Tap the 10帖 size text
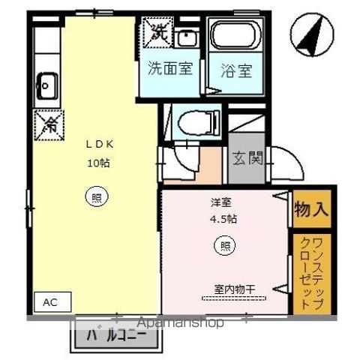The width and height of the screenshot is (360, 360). click(97, 163)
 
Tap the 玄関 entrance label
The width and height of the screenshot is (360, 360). click(246, 158)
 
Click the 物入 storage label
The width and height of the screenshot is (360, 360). click(310, 208)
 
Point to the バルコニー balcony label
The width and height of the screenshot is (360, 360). click(116, 335)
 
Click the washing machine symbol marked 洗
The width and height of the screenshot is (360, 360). click(159, 32)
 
